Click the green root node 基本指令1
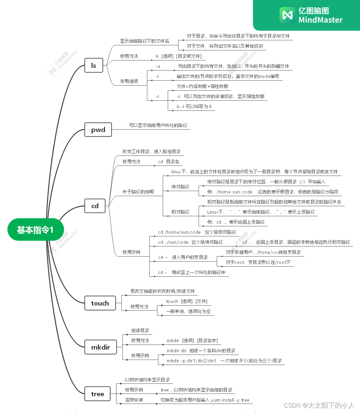coord(36,230)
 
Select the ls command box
coord(94,65)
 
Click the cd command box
coord(95,206)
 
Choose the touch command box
coord(100,303)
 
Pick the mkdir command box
coord(101,347)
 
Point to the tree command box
coord(98,394)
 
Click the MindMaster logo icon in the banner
coord(287,15)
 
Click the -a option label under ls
coord(158,66)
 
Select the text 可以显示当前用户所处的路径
coord(158,125)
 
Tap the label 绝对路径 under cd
coord(180,187)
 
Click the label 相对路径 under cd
coord(180,212)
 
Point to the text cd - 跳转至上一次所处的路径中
coord(192,272)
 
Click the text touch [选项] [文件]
coord(187,301)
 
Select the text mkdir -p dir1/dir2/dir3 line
coord(224,361)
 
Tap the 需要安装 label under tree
coord(134,400)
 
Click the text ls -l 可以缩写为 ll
coord(194,106)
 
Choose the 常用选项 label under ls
coord(129,81)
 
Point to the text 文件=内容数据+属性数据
coord(202,86)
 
